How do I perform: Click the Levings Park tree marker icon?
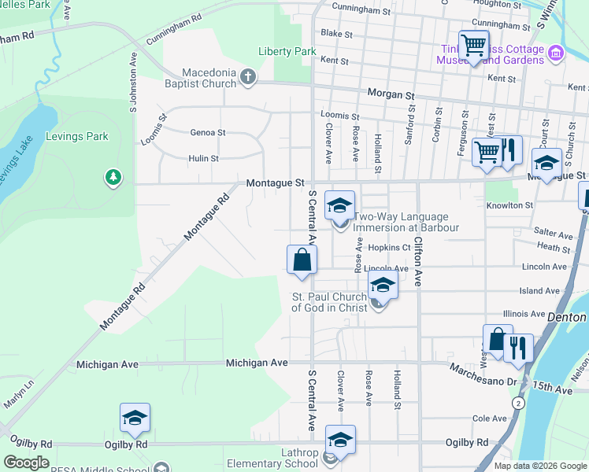(x=113, y=178)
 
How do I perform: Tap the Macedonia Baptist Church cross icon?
(x=248, y=76)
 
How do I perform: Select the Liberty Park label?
(x=287, y=52)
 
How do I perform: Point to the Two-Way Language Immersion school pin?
(x=340, y=207)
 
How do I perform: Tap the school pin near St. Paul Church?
(x=382, y=286)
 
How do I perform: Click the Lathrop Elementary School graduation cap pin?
(x=340, y=441)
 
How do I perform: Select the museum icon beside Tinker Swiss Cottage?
(x=556, y=53)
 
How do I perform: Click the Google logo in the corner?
(x=26, y=463)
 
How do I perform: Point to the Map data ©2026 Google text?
(x=539, y=466)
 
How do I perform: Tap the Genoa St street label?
(x=208, y=133)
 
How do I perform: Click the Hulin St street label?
(x=203, y=158)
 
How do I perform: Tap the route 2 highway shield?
(x=518, y=403)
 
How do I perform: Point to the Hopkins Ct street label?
(x=390, y=247)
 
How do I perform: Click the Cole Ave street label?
(x=489, y=419)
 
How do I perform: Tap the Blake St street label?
(x=336, y=34)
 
